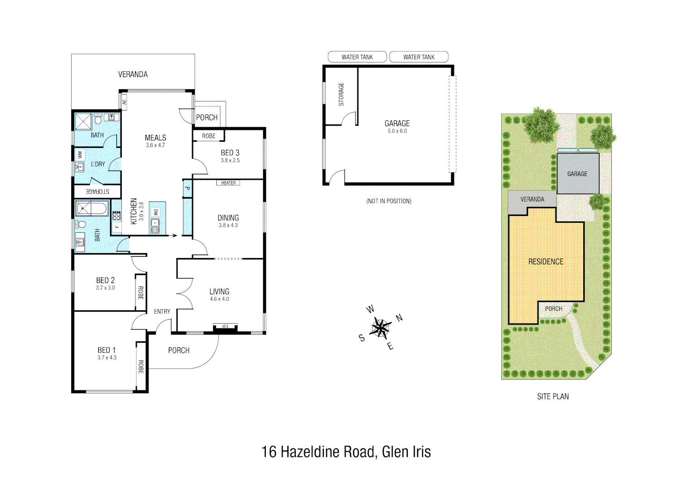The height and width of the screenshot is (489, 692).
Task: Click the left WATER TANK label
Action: (x=357, y=57)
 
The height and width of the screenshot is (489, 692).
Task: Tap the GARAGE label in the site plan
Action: (x=577, y=174)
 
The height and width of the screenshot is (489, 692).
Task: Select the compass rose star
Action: (x=381, y=328)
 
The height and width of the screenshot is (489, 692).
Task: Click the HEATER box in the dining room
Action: (x=228, y=183)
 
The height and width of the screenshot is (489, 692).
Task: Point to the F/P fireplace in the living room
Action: (x=225, y=326)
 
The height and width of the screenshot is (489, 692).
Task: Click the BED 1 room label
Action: (x=106, y=350)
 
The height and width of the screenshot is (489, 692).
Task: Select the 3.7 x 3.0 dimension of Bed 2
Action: (x=105, y=288)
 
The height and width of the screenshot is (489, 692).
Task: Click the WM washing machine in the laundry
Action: (x=80, y=155)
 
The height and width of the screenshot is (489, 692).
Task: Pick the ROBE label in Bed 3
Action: (x=208, y=136)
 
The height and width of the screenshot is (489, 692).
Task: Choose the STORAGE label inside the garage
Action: (x=341, y=94)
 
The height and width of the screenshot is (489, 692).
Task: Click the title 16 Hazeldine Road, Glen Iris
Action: (x=346, y=452)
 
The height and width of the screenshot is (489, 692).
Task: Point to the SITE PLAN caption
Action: (x=553, y=397)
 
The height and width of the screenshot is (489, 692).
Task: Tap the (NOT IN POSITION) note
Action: (x=389, y=201)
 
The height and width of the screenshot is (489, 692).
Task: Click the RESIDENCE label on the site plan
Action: (x=546, y=262)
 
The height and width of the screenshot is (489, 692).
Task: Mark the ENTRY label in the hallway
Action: (x=162, y=312)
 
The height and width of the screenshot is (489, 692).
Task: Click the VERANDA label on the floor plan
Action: (x=133, y=74)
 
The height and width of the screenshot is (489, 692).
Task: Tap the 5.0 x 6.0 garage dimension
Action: (x=397, y=131)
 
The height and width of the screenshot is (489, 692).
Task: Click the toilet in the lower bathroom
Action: (x=82, y=225)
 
